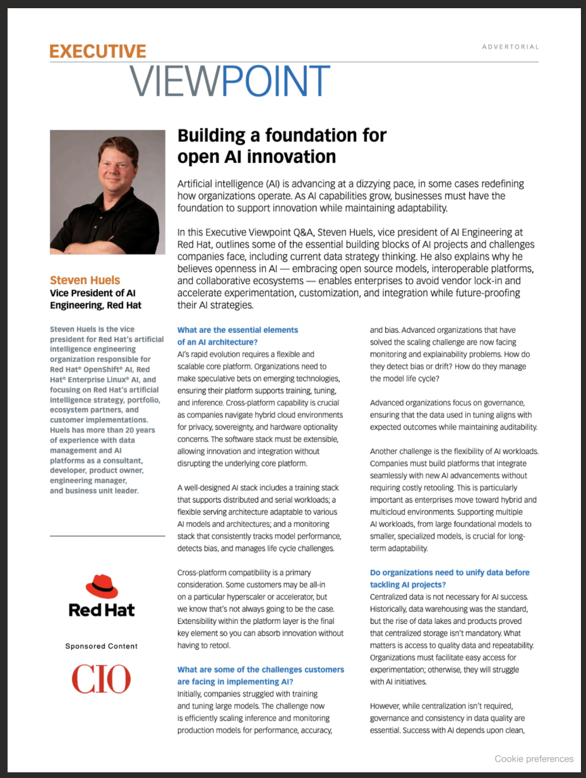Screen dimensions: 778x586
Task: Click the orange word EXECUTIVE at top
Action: (x=98, y=52)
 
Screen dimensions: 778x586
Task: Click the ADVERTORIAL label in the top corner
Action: (x=510, y=47)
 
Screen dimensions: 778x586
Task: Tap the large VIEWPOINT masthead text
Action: (x=230, y=81)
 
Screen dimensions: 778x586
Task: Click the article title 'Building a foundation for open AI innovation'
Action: (x=282, y=145)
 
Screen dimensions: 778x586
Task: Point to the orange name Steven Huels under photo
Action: (x=85, y=280)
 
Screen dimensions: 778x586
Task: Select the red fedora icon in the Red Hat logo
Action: (x=101, y=587)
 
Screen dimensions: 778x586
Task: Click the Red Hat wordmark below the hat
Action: (x=101, y=610)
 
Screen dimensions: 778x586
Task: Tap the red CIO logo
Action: (x=101, y=679)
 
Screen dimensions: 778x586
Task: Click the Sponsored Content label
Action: (x=101, y=646)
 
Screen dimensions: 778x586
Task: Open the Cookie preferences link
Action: (x=534, y=759)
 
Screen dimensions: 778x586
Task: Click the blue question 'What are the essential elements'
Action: (x=237, y=330)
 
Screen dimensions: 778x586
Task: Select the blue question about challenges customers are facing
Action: (x=260, y=675)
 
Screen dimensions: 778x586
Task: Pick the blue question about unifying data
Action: (x=450, y=578)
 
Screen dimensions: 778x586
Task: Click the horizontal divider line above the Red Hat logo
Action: (x=107, y=536)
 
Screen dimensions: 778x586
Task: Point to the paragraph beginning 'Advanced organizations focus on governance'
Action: (x=453, y=415)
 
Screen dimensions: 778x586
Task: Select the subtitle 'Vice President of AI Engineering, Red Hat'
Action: (x=95, y=299)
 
